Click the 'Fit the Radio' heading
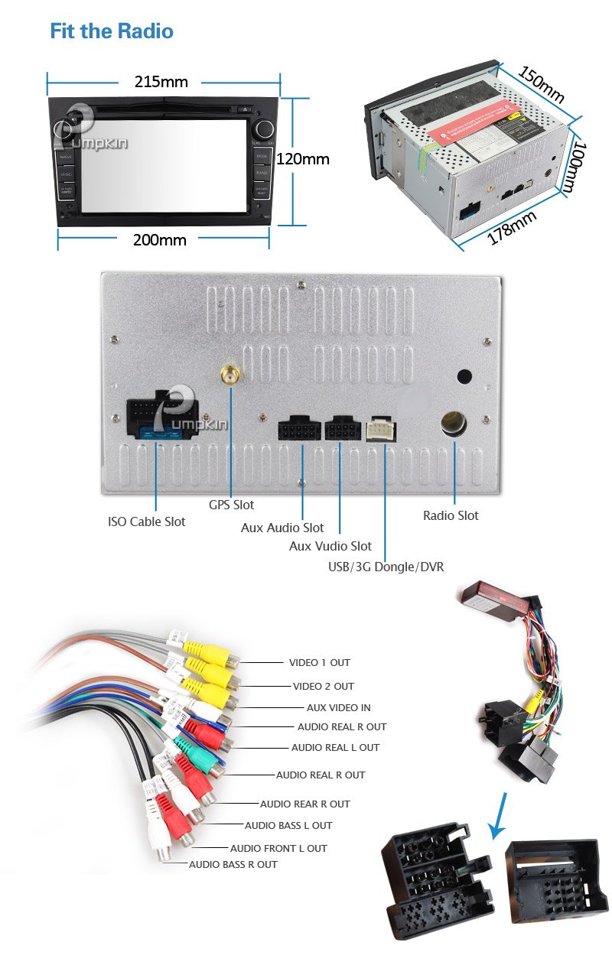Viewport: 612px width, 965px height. click(112, 31)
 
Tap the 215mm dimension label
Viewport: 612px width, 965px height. click(161, 82)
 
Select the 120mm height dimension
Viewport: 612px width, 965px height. click(303, 159)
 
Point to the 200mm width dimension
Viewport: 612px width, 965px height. click(160, 239)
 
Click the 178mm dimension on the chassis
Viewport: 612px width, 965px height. click(512, 228)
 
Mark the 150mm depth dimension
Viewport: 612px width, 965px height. click(542, 84)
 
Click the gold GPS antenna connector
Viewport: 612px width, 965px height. click(228, 376)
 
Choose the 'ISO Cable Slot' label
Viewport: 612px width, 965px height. click(147, 521)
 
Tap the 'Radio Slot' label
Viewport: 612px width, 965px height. click(451, 515)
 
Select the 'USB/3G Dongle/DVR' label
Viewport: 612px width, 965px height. click(385, 567)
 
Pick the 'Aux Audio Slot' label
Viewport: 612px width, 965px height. click(282, 528)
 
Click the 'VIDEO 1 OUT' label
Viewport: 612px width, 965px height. click(320, 662)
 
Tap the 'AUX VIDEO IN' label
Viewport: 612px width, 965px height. click(338, 707)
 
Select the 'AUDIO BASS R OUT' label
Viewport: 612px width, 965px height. click(233, 864)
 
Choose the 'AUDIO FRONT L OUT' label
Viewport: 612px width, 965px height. click(278, 848)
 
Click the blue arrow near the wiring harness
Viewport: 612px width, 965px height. click(499, 815)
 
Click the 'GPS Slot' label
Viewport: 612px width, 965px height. click(232, 505)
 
